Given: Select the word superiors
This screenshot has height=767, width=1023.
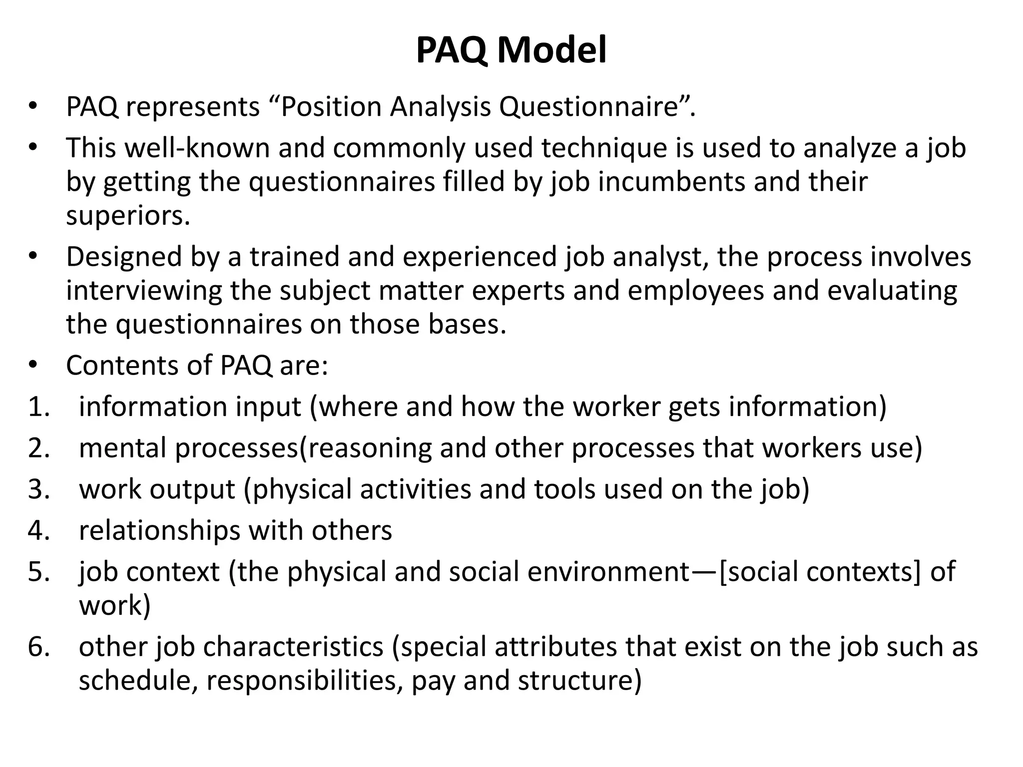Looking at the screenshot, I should point(128,216).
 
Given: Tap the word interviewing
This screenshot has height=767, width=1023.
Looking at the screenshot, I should point(144,291).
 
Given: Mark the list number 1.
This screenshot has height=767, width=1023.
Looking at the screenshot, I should point(38,406).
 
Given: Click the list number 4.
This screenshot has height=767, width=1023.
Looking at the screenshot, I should point(38,530).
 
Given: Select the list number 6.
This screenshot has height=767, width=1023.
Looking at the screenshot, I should point(38,647).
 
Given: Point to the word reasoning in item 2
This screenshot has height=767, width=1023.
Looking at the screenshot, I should point(369,448).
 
